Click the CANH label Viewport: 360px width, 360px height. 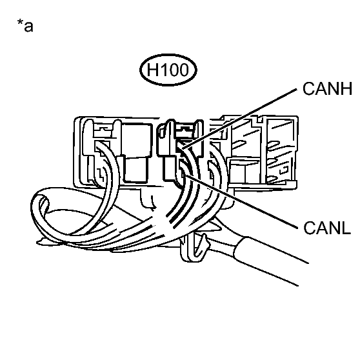point(327,88)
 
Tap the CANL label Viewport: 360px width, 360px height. point(327,228)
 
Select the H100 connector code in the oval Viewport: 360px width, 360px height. point(168,70)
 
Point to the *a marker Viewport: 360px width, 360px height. point(25,26)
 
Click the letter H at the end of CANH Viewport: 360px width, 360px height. point(346,88)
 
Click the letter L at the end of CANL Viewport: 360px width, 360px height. point(346,228)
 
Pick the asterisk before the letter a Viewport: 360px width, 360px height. point(20,23)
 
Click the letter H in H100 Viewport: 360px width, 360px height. point(152,70)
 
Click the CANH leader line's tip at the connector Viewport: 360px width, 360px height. point(181,150)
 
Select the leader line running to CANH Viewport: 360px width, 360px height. point(239,119)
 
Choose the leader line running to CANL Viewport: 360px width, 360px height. point(241,202)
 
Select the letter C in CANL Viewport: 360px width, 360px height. point(309,228)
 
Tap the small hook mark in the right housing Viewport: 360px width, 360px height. point(285,170)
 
